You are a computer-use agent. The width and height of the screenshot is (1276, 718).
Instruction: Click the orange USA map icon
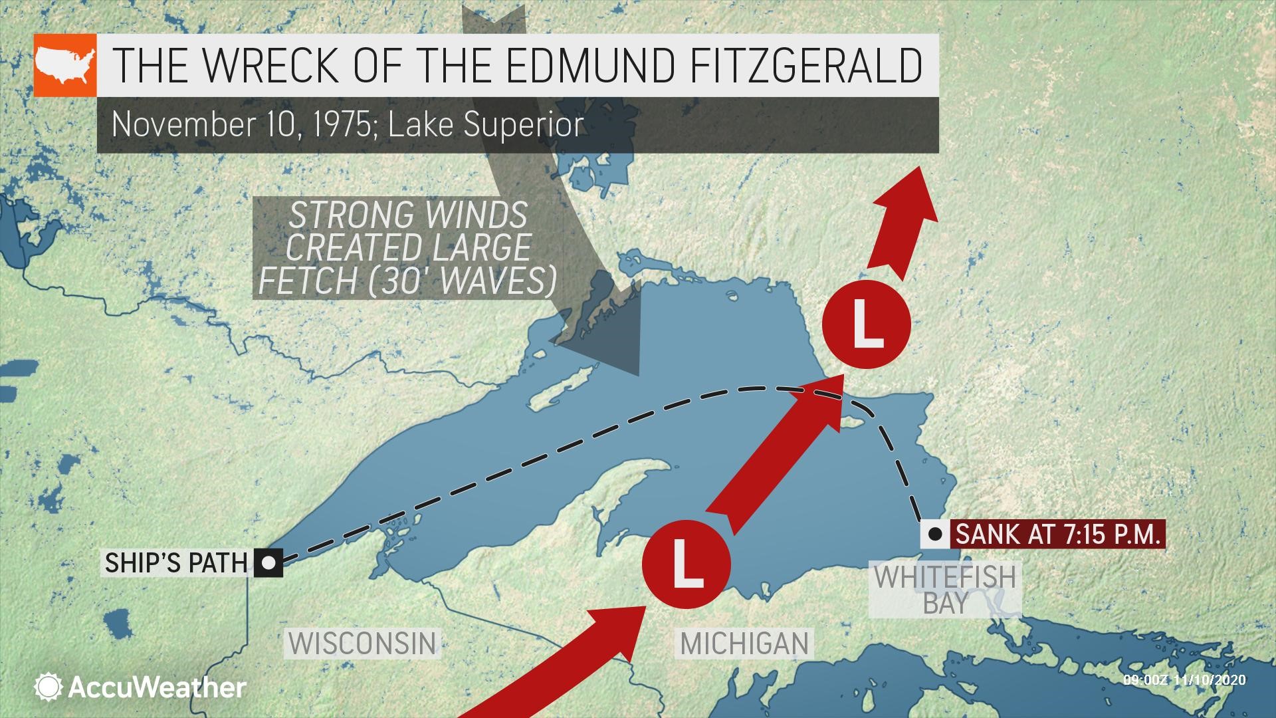point(64,65)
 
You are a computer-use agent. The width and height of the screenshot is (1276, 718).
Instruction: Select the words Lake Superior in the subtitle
point(486,124)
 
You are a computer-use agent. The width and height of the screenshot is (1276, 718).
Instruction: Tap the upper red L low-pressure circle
point(865,324)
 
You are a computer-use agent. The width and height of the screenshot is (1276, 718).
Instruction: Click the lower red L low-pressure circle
point(686,564)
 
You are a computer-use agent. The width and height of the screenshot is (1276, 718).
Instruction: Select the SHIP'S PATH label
point(176,563)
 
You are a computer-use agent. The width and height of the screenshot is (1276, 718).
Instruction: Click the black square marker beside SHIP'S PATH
point(268,563)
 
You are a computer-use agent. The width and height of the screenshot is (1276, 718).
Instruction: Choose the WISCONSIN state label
point(363,643)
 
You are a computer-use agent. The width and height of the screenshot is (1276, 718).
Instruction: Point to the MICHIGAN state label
point(744,643)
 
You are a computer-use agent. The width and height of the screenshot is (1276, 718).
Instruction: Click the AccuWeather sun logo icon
point(49,687)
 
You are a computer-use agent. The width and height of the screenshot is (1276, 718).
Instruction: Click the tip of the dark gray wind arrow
point(637,374)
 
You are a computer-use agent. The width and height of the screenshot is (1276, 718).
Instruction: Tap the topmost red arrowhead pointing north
point(918,183)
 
